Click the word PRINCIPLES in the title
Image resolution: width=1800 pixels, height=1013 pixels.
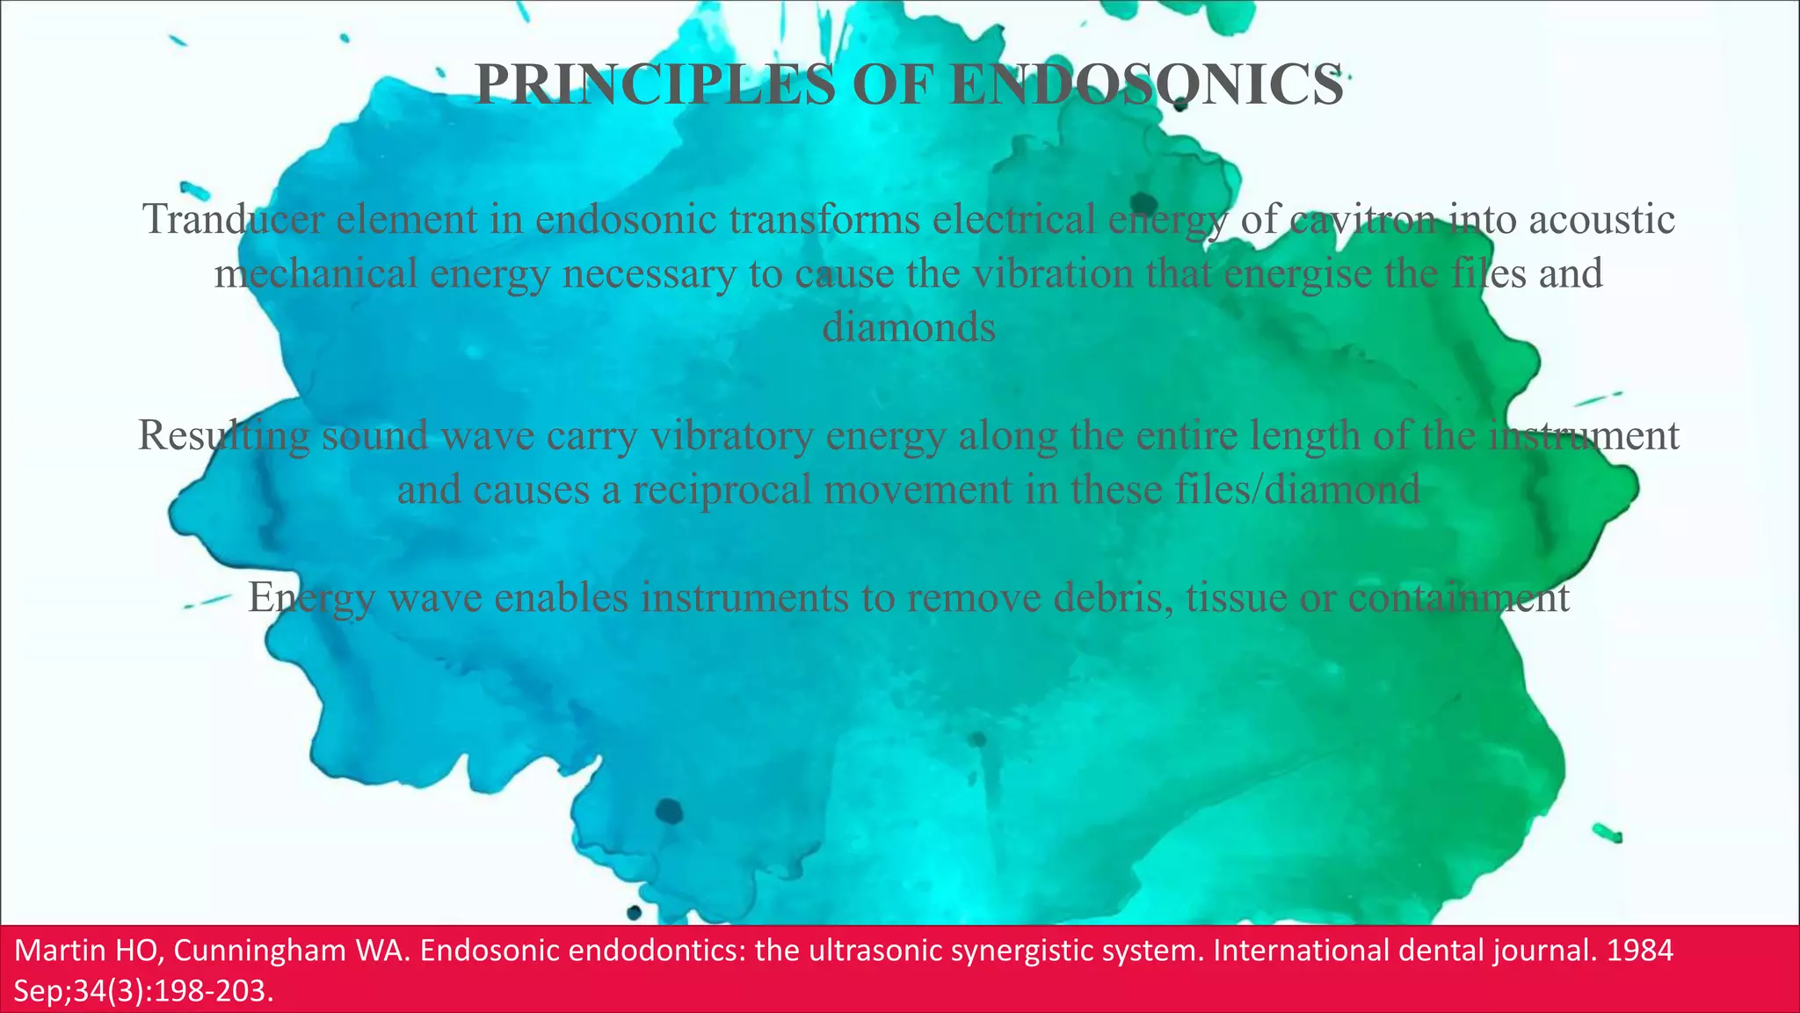point(654,85)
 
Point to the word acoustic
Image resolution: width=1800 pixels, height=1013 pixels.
point(1601,219)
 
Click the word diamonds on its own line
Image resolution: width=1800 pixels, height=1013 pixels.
point(909,328)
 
